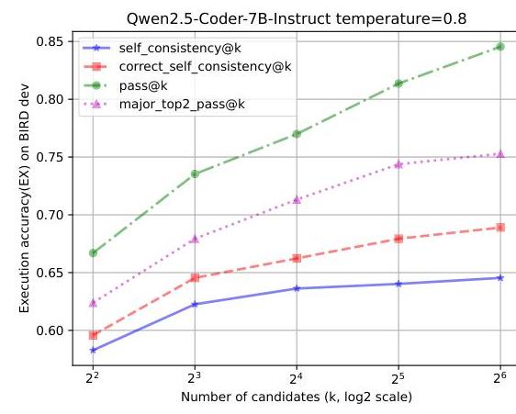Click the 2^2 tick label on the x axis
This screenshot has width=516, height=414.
pyautogui.click(x=94, y=377)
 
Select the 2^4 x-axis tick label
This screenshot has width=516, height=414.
pyautogui.click(x=297, y=377)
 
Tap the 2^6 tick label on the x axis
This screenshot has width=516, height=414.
pyautogui.click(x=500, y=377)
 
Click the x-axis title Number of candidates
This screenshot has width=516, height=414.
pyautogui.click(x=296, y=397)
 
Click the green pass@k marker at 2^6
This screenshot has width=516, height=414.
pyautogui.click(x=500, y=47)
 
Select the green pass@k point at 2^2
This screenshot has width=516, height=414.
pyautogui.click(x=94, y=252)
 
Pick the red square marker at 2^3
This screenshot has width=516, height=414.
pyautogui.click(x=195, y=277)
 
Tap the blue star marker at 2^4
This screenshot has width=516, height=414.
pyautogui.click(x=297, y=288)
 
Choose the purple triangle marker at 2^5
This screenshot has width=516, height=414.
pyautogui.click(x=398, y=164)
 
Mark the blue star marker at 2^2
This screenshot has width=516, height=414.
pyautogui.click(x=94, y=350)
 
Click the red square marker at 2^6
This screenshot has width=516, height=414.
pyautogui.click(x=500, y=227)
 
